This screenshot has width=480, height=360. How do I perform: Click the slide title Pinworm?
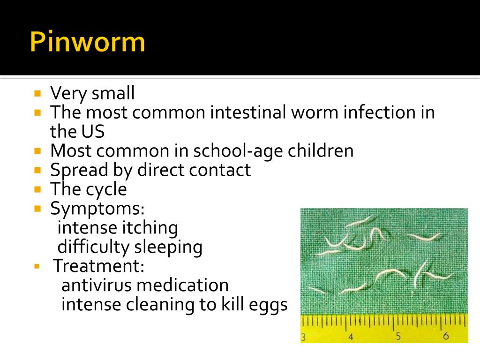(88, 42)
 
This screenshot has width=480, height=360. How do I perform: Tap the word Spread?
(77, 170)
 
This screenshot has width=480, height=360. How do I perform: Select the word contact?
(220, 170)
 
